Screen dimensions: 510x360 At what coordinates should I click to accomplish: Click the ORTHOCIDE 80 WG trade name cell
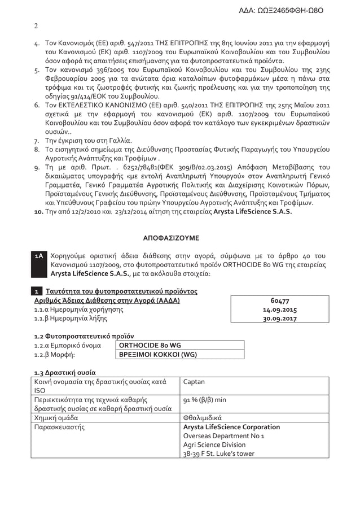148,345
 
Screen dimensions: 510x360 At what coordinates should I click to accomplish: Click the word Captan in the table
193,382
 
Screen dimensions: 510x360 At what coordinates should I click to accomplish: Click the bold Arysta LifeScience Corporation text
231,427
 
